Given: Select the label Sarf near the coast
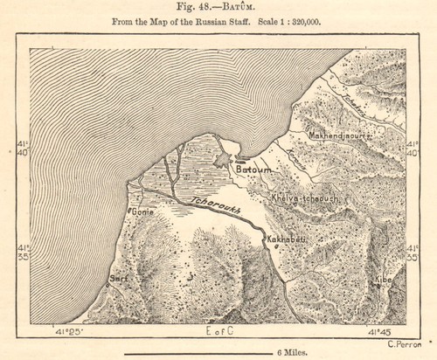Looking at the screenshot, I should point(117,280).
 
